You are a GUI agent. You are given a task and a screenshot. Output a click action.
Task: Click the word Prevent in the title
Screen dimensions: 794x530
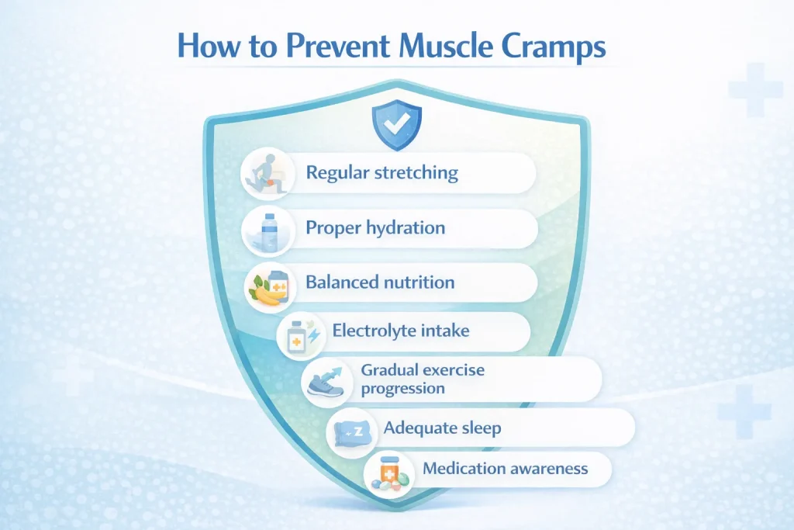337,46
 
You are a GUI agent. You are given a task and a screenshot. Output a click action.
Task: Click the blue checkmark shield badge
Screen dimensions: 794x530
396,125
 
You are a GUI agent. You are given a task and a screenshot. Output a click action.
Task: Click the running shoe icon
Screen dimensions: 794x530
326,382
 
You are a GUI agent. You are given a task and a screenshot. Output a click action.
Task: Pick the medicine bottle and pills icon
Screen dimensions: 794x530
388,473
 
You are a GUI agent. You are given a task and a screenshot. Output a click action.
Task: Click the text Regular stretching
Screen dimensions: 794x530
381,173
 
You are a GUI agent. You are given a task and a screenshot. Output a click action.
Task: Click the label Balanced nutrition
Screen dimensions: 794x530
380,282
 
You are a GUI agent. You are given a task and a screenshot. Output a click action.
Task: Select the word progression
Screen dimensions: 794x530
403,389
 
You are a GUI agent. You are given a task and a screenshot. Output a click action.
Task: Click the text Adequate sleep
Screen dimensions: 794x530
442,428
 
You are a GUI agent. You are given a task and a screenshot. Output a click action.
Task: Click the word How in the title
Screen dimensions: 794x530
209,46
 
